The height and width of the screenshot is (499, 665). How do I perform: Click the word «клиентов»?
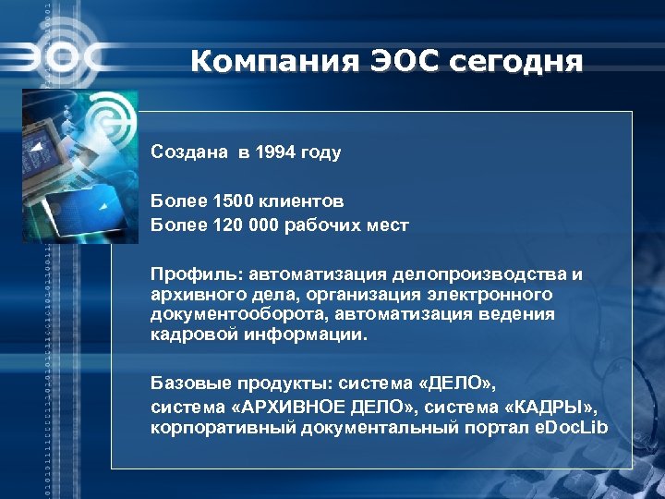click(x=300, y=200)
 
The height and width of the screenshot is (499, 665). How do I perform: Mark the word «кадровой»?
click(x=190, y=335)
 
